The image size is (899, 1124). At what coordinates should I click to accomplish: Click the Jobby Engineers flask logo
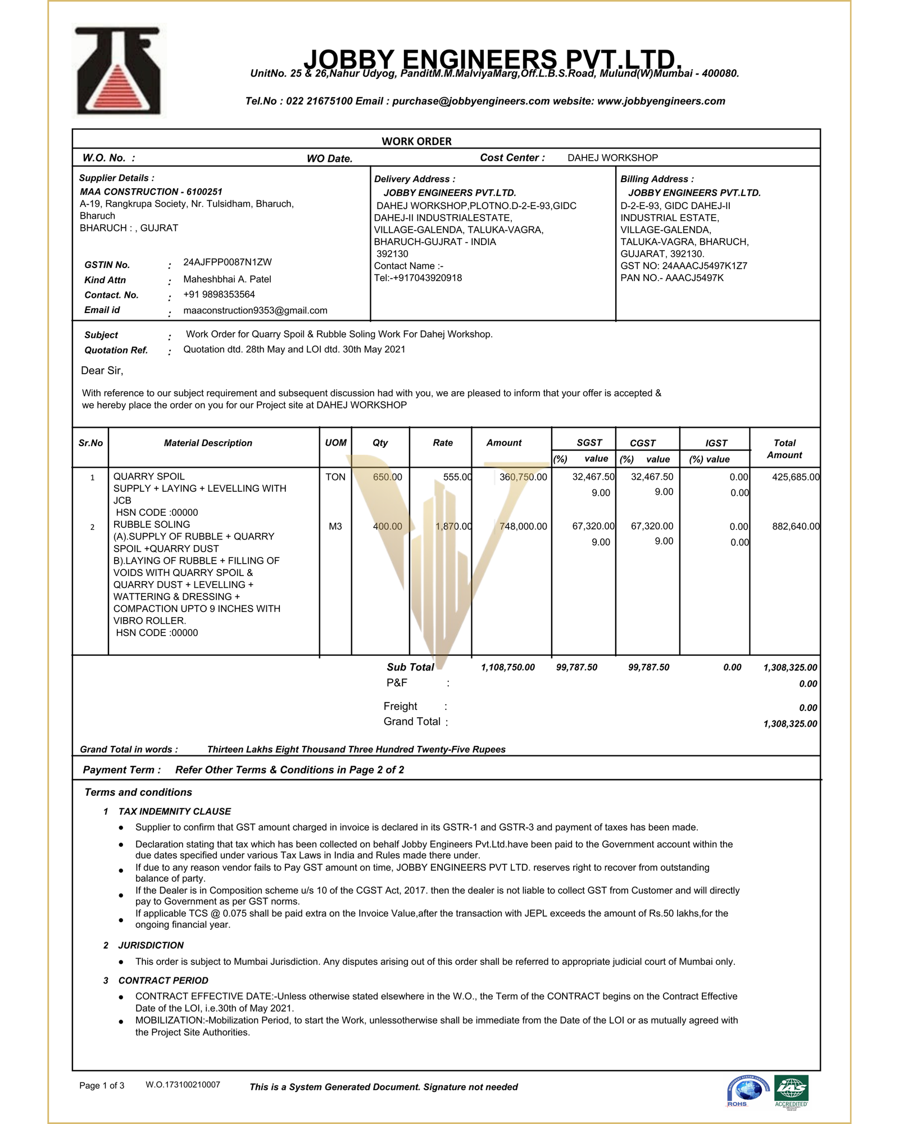pos(118,71)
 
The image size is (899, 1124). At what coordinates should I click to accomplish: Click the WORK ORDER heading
pos(416,142)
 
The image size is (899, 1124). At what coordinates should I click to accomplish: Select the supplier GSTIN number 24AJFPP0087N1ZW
pos(227,262)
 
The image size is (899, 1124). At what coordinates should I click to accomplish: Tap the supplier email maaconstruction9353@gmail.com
pos(255,311)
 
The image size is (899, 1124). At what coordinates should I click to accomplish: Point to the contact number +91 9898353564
pos(219,294)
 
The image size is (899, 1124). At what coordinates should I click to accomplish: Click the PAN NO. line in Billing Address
pos(671,278)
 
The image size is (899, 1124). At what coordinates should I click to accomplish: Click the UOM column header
pos(335,443)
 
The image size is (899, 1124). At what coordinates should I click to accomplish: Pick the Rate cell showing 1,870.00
pos(453,527)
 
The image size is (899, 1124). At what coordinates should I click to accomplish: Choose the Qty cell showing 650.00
pos(387,477)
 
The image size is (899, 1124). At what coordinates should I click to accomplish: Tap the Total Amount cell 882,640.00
pos(795,527)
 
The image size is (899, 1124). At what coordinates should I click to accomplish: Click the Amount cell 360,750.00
pos(523,477)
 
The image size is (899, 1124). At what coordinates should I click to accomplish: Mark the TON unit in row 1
pos(335,477)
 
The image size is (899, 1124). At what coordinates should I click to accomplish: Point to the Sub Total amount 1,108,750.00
pos(507,668)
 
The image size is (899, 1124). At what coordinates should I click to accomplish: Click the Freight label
pos(400,706)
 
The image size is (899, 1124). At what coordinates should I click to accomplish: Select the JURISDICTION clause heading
pos(151,945)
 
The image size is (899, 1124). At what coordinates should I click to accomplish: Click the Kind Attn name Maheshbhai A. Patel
pos(227,279)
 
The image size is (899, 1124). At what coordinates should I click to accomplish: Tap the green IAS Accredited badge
pos(791,1090)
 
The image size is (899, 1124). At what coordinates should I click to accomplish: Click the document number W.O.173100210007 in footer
pos(183,1085)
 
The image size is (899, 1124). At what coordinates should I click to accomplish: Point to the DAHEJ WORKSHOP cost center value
pos(612,158)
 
